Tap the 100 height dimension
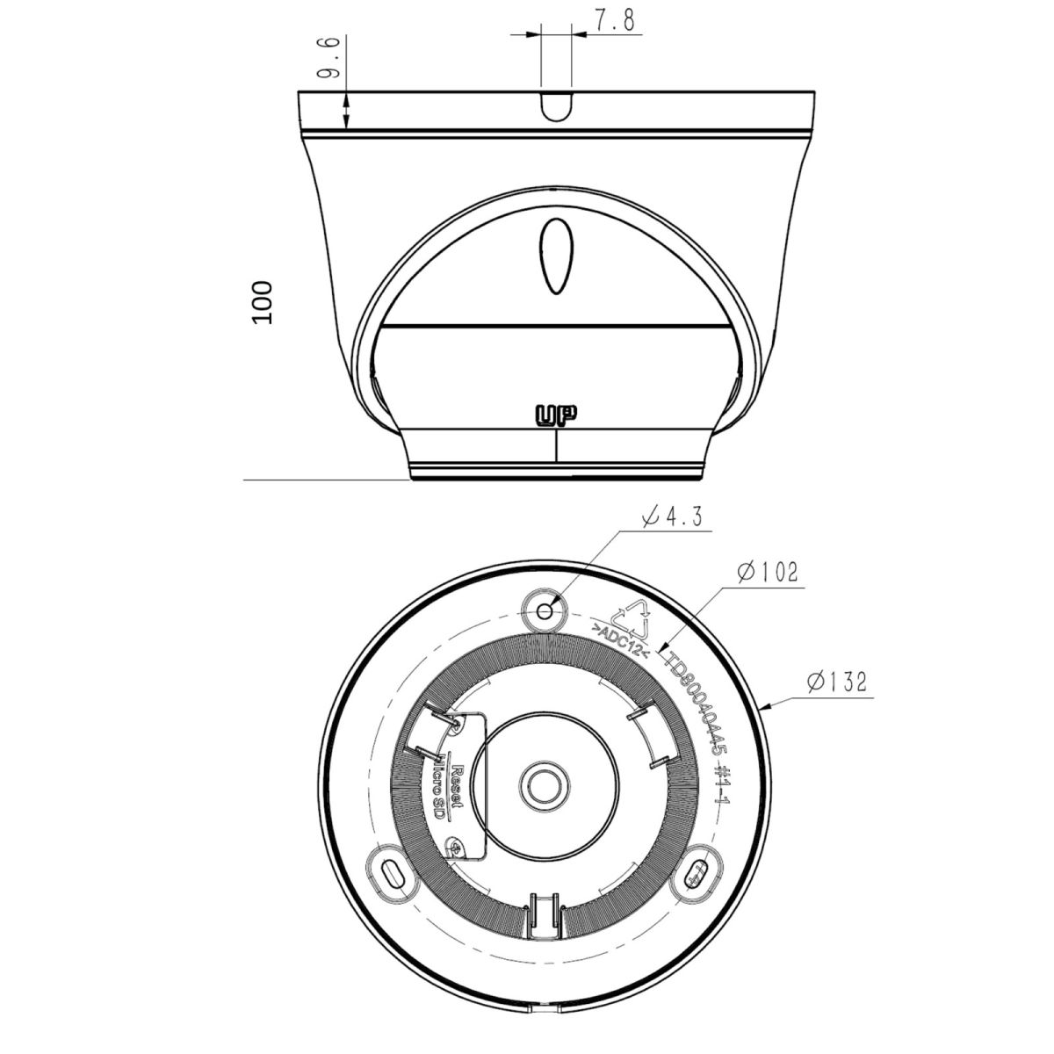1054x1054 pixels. (x=263, y=302)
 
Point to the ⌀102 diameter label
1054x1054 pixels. (x=767, y=573)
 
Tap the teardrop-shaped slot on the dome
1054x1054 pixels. (x=556, y=256)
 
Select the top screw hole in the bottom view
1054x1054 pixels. (x=546, y=610)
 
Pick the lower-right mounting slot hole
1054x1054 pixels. (x=699, y=875)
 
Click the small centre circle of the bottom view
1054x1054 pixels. (x=545, y=784)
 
